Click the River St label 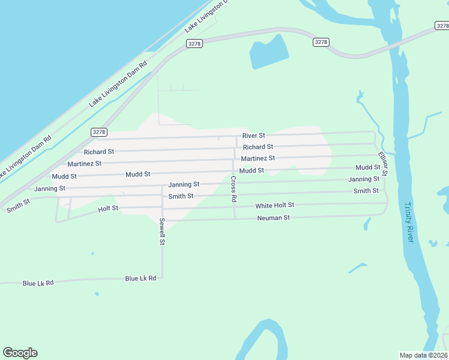(253, 136)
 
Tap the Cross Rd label (234, 188)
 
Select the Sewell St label (162, 232)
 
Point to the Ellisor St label (382, 164)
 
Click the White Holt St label (274, 206)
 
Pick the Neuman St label (273, 218)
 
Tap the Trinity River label (409, 222)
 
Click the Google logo (20, 353)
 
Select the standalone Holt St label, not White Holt (108, 209)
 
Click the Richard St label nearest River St (258, 146)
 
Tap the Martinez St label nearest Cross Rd (258, 158)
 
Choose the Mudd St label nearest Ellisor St (367, 167)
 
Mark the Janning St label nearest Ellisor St (364, 179)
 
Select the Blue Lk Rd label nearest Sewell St (140, 278)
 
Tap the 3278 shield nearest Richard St (99, 132)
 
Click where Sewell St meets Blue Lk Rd (162, 278)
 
